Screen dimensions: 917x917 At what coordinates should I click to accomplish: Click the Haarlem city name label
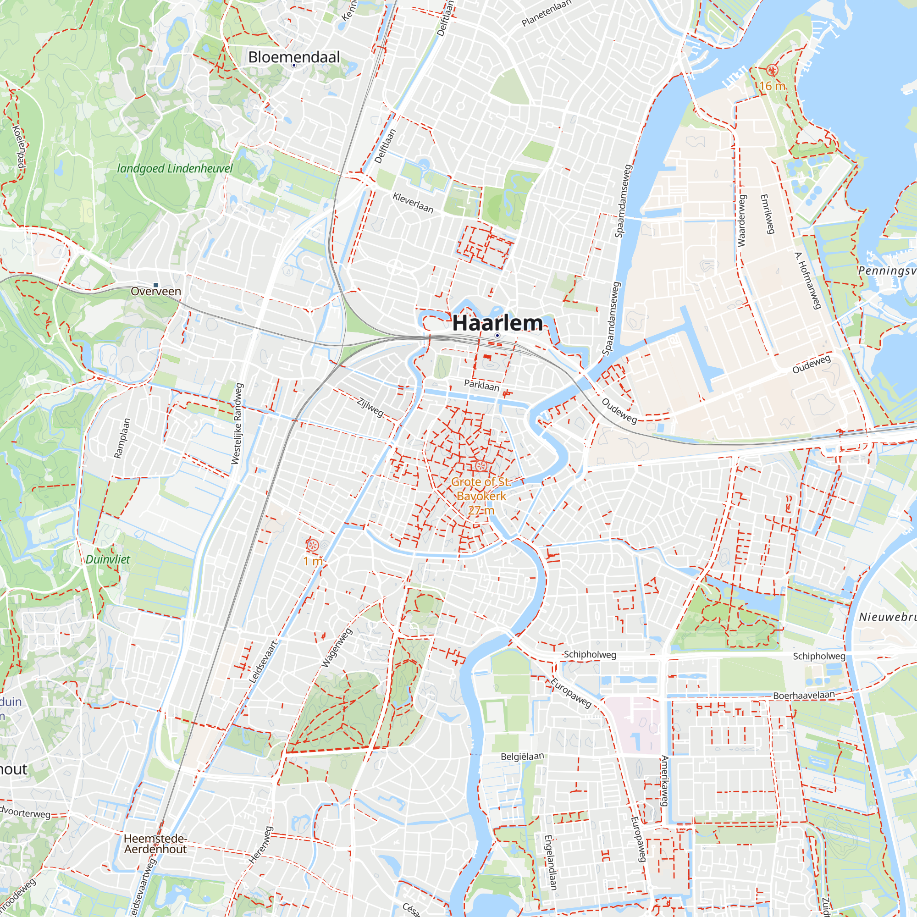(497, 323)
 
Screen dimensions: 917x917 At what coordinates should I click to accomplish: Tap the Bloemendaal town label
(294, 57)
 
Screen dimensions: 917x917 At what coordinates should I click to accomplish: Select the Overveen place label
(156, 292)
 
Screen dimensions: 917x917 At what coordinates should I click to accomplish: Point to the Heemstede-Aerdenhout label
(155, 844)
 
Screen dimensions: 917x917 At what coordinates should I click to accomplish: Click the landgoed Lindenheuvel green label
(175, 168)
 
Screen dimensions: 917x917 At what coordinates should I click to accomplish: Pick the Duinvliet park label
(108, 559)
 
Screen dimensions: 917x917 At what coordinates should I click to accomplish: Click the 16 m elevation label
(772, 86)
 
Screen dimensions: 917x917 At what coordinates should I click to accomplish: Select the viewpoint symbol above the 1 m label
(312, 545)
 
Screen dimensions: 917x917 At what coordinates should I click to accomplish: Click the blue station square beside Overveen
(156, 285)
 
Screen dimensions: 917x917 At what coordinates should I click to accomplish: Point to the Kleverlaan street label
(413, 203)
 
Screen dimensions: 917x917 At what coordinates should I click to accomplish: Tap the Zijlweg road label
(370, 407)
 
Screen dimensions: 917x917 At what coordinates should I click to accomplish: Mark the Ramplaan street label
(122, 438)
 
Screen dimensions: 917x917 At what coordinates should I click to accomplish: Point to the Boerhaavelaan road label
(804, 696)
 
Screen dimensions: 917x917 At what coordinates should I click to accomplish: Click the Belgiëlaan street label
(522, 756)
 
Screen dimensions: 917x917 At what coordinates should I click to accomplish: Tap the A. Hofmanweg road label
(808, 280)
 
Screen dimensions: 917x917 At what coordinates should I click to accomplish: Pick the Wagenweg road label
(337, 647)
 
